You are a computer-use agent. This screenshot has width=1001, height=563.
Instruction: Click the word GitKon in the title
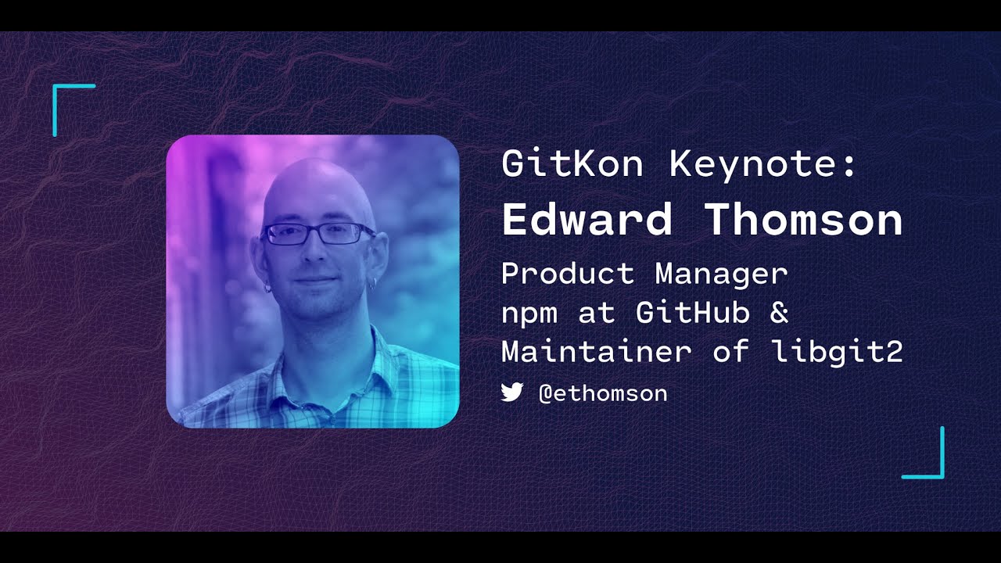[572, 164]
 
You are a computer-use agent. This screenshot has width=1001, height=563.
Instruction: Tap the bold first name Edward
[587, 220]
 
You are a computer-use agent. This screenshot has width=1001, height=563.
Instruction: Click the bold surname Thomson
[804, 220]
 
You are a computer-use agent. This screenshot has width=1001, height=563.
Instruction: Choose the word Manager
[721, 274]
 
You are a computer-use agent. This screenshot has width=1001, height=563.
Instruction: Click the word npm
[529, 313]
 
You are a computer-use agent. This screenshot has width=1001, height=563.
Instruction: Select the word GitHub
[693, 313]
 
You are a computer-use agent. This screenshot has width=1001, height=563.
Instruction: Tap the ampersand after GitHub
[779, 313]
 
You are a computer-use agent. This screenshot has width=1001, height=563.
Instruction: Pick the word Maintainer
[596, 352]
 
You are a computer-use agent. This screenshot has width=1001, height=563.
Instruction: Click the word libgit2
[837, 352]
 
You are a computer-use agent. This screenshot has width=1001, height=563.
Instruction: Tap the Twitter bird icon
[512, 393]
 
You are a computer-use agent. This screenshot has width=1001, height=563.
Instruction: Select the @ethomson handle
[603, 393]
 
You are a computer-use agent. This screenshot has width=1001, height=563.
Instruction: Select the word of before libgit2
[731, 352]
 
